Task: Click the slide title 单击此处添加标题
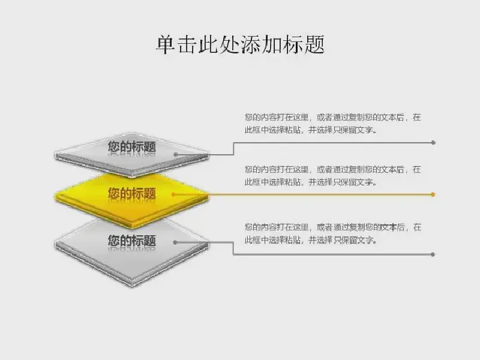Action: click(x=241, y=44)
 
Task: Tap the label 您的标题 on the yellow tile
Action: click(x=132, y=193)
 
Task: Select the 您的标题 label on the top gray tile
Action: click(x=132, y=146)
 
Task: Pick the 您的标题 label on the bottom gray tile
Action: click(x=132, y=241)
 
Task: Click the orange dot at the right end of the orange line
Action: click(x=433, y=194)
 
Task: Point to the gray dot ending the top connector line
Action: click(x=433, y=143)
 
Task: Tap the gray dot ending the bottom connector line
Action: click(x=433, y=254)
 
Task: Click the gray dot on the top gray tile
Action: click(x=176, y=155)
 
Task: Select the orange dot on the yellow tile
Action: click(x=173, y=194)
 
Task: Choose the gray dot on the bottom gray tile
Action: click(x=175, y=242)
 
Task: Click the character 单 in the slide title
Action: click(x=166, y=44)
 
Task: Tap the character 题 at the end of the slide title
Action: click(x=314, y=44)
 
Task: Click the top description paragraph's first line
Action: click(x=333, y=117)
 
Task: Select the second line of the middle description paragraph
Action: click(x=311, y=182)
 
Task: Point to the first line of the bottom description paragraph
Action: click(x=333, y=227)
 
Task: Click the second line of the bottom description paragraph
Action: click(x=311, y=240)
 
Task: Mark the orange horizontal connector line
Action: click(x=303, y=194)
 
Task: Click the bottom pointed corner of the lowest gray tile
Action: click(x=132, y=287)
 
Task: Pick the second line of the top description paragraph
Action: click(x=311, y=130)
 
